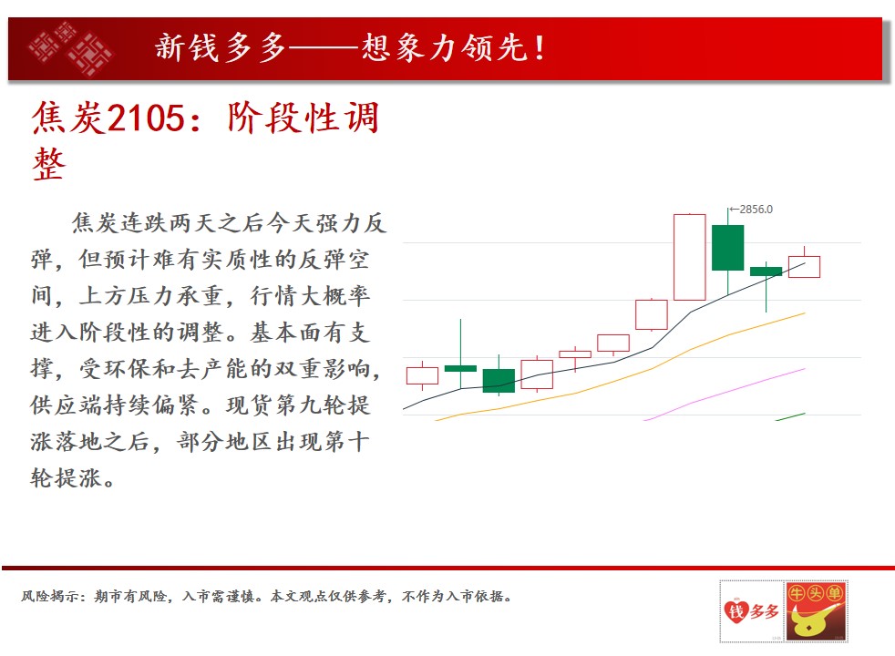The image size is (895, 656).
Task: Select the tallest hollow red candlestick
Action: tap(690, 257)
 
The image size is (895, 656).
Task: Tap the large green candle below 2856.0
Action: tap(728, 248)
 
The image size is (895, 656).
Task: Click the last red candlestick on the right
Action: tap(804, 266)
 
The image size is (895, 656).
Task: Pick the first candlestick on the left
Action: tap(422, 376)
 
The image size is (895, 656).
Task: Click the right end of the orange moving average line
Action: tap(805, 313)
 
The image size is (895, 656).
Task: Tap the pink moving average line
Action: tap(725, 394)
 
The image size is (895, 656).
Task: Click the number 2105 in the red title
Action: tap(146, 118)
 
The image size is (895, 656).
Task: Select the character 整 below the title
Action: tap(49, 164)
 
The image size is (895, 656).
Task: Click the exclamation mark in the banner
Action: tap(540, 47)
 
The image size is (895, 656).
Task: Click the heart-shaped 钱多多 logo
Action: tap(751, 611)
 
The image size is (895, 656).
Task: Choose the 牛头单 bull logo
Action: tap(816, 611)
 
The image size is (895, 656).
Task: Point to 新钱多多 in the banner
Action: tap(221, 47)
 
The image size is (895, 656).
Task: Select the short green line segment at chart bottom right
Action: tap(790, 416)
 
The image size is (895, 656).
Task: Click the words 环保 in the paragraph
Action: tap(128, 368)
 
